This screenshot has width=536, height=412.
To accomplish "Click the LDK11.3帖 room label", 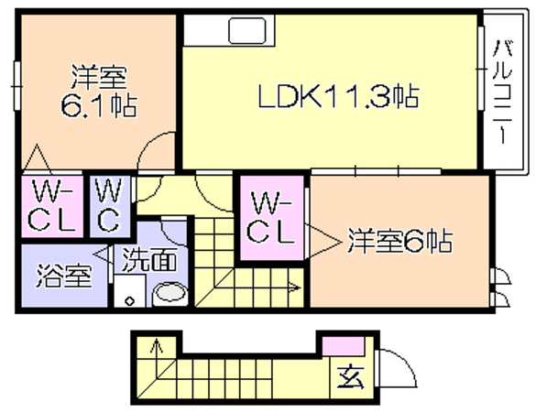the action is pos(338,96).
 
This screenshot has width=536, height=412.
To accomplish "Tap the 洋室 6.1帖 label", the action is pos(99,92).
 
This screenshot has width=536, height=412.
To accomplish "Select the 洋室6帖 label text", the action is pos(400,241).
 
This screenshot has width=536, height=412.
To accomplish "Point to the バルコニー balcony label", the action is pos(502,92).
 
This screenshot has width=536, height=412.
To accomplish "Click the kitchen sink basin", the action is pos(247,31).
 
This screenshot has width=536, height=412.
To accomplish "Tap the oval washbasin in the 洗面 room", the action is pos(170,293).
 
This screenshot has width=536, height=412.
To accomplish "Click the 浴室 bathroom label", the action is pos(64,276).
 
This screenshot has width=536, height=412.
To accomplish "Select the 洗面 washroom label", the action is pos(149,259).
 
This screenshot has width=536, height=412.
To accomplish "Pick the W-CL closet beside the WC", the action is pos(52,206).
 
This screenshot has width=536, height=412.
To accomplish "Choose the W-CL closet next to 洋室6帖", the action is pos(271,217).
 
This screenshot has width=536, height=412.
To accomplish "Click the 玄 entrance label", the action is pos(350,377).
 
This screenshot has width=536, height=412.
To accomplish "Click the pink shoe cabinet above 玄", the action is pos(344,346).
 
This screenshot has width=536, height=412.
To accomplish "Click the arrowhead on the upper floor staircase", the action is pos(295,287).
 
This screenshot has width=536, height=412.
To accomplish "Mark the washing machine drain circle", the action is pos(129,301).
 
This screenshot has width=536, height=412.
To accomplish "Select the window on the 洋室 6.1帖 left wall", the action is pos(16,85).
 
